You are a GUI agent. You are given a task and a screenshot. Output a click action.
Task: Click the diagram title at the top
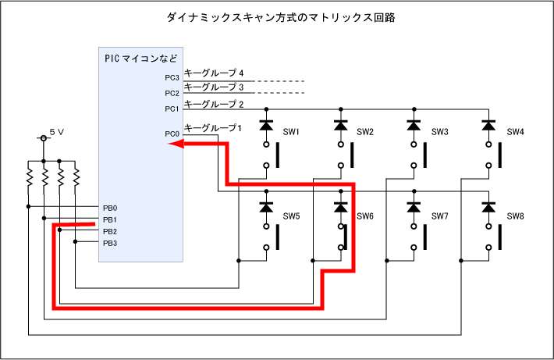pyautogui.click(x=278, y=17)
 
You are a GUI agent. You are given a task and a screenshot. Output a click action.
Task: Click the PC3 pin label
pyautogui.click(x=172, y=78)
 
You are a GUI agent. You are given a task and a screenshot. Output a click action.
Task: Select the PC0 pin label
pyautogui.click(x=172, y=134)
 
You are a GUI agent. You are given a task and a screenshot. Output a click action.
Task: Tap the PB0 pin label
pyautogui.click(x=110, y=208)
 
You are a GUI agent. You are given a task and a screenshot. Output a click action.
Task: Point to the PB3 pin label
pyautogui.click(x=110, y=243)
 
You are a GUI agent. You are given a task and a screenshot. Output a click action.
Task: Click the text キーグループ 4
pyautogui.click(x=215, y=73)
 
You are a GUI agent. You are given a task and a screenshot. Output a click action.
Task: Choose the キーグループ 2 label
pyautogui.click(x=215, y=104)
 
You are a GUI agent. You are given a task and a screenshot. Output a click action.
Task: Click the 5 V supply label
pyautogui.click(x=56, y=133)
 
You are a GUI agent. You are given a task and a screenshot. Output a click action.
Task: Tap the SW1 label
pyautogui.click(x=292, y=132)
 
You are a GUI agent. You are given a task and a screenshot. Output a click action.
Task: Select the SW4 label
pyautogui.click(x=515, y=132)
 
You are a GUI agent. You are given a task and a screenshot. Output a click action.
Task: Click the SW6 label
pyautogui.click(x=366, y=216)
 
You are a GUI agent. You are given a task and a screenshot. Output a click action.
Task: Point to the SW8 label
pyautogui.click(x=515, y=216)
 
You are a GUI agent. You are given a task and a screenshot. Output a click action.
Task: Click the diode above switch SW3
pyautogui.click(x=414, y=124)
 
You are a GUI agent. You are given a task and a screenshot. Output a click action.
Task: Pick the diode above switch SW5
pyautogui.click(x=266, y=208)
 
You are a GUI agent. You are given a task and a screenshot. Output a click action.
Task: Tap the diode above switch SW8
pyautogui.click(x=489, y=208)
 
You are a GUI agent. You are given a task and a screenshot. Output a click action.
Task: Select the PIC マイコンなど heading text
pyautogui.click(x=141, y=59)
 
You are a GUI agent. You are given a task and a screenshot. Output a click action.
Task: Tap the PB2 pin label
pyautogui.click(x=110, y=231)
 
